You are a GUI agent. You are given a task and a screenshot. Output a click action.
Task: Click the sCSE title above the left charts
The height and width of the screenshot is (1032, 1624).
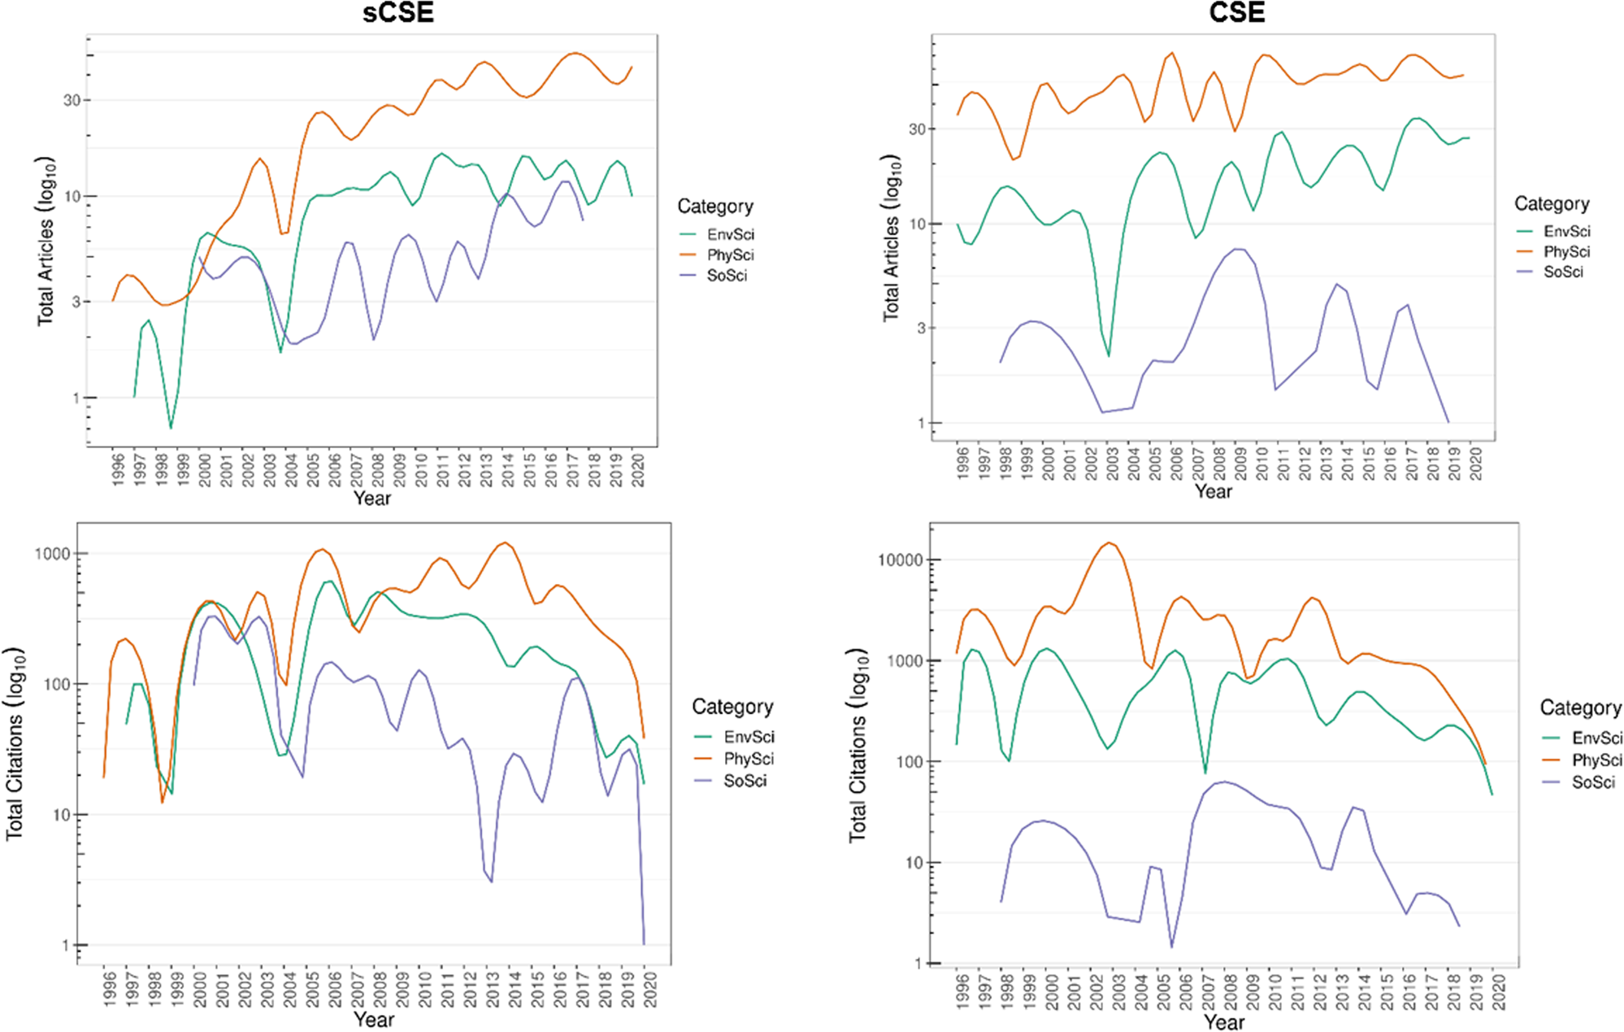click(x=397, y=12)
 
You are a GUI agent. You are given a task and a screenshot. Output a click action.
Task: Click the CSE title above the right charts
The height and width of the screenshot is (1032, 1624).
click(x=1236, y=12)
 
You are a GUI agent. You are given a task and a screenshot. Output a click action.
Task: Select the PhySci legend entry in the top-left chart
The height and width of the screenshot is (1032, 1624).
click(x=730, y=255)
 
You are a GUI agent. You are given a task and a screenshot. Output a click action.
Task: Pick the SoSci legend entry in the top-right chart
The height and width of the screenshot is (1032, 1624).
click(x=1562, y=272)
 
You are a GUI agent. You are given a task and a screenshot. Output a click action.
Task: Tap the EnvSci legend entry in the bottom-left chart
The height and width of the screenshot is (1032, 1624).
click(x=749, y=737)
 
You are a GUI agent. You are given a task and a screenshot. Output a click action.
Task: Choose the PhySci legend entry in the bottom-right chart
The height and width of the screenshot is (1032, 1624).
click(x=1596, y=760)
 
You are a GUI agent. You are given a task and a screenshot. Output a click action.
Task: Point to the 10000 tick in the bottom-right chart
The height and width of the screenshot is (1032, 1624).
click(x=900, y=560)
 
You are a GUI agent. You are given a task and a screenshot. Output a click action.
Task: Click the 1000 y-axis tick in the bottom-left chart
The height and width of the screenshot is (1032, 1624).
click(x=52, y=554)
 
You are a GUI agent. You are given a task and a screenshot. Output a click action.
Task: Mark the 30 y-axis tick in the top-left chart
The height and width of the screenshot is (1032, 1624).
click(x=72, y=100)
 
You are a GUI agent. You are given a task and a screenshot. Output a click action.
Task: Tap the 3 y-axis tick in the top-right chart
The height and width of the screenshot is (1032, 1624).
click(x=921, y=328)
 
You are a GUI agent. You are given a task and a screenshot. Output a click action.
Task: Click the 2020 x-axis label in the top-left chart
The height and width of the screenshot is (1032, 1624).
click(x=639, y=471)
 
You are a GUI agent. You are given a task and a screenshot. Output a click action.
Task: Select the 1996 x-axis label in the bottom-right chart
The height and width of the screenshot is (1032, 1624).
click(x=963, y=993)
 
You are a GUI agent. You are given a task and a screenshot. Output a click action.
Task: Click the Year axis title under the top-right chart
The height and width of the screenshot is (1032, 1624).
click(x=1213, y=492)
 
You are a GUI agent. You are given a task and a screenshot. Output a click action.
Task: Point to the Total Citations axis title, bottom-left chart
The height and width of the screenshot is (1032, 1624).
click(x=15, y=744)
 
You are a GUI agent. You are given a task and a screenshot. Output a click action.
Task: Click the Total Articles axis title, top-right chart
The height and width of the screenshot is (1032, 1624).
click(x=892, y=237)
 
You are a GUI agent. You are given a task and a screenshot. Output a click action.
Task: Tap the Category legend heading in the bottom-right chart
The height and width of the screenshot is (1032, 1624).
click(x=1580, y=708)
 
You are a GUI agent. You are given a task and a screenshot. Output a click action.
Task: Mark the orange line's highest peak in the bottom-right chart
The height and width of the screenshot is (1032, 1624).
click(x=1109, y=542)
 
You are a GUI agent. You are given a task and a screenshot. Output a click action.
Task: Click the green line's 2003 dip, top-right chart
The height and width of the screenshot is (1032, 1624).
click(x=1109, y=356)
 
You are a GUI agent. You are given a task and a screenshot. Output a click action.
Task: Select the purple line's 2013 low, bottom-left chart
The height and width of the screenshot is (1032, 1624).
click(x=491, y=881)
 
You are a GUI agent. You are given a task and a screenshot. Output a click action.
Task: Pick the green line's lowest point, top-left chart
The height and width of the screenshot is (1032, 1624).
click(x=171, y=428)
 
